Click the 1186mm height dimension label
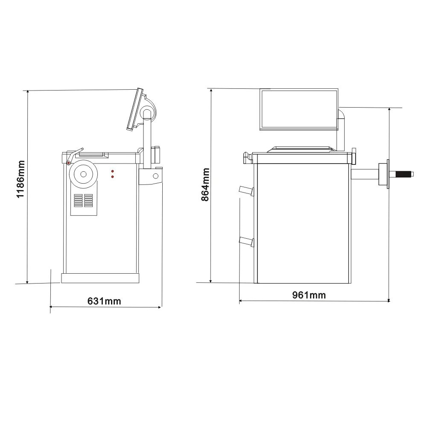[x=20, y=179]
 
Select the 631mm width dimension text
[x=104, y=301]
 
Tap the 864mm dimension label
[x=205, y=184]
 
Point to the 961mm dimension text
[x=309, y=295]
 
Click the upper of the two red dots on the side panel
[x=112, y=170]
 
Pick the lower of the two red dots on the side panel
[x=112, y=176]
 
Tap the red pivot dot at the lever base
[x=68, y=163]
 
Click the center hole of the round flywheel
[x=83, y=174]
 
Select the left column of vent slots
[x=78, y=201]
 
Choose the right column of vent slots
[x=88, y=201]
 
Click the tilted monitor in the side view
[x=135, y=109]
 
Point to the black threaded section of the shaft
[x=404, y=174]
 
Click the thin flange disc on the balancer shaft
[x=388, y=174]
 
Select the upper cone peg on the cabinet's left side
[x=247, y=191]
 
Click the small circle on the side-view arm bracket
[x=155, y=175]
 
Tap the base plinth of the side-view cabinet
[x=100, y=278]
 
